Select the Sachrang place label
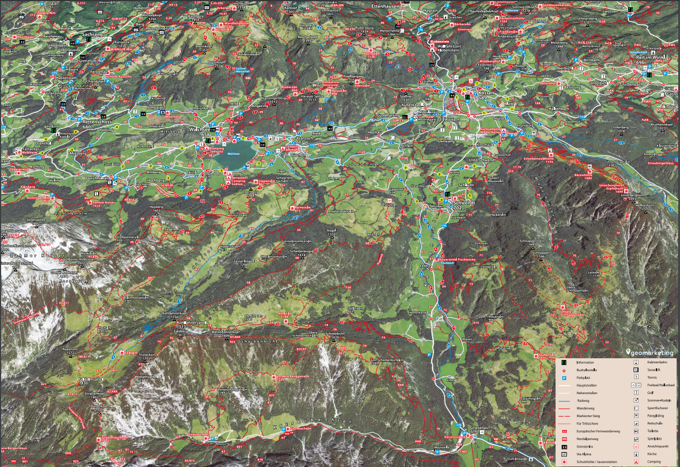point(93,34)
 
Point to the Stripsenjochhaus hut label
point(113,437)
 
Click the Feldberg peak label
point(181,331)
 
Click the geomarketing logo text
point(652,353)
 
